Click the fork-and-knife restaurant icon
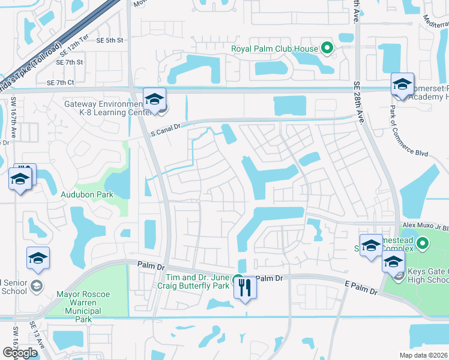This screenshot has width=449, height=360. coord(244,289)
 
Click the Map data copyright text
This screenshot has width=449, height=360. coord(424,355)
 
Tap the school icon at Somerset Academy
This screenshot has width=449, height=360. coord(402,85)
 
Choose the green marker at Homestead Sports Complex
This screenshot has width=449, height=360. coord(422,244)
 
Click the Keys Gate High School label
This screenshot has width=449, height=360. coord(428,275)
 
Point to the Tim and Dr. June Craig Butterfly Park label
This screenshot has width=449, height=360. coord(196,282)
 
